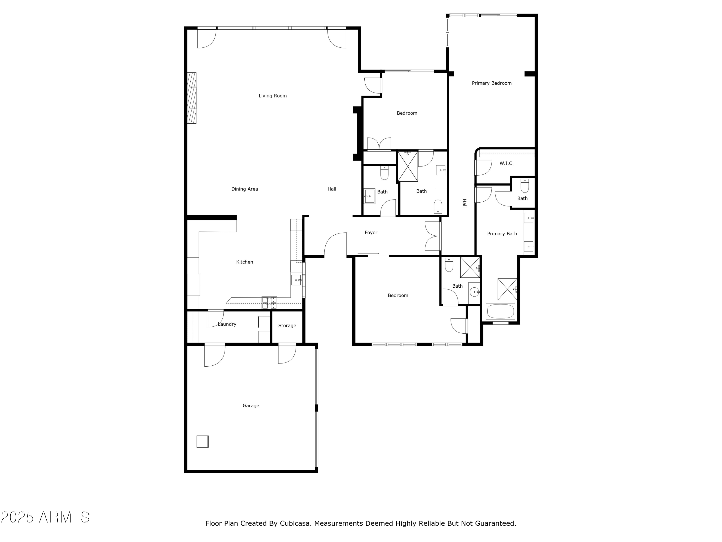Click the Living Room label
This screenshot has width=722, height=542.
(272, 96)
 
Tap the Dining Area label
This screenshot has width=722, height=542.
(245, 189)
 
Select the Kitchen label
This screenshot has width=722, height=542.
(245, 262)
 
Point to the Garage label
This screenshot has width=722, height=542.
(251, 405)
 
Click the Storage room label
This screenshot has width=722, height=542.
(287, 325)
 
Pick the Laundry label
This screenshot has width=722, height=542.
(227, 324)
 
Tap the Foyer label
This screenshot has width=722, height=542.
(371, 232)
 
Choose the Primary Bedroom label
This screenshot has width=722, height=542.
(491, 83)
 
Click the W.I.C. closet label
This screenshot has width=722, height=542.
(506, 163)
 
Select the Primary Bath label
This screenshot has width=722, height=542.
(502, 233)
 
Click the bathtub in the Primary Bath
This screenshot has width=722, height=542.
(500, 311)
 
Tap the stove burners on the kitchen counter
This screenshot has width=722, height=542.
(269, 303)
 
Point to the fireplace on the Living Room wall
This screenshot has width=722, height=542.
(192, 98)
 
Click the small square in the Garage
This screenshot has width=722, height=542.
(202, 441)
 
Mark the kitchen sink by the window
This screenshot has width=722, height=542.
(296, 280)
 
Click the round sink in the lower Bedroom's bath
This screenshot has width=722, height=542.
(474, 292)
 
